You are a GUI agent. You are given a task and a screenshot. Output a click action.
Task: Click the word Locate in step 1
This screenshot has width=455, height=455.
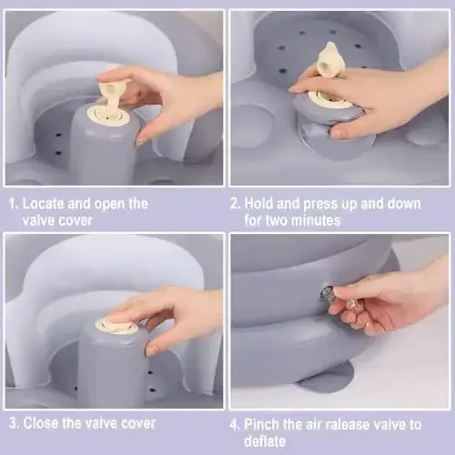44,204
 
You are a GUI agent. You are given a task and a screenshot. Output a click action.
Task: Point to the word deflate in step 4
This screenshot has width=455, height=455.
265,441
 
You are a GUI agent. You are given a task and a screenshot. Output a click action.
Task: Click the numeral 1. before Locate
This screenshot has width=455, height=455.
14,204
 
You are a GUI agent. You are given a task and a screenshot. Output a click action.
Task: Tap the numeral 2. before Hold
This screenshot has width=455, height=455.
236,204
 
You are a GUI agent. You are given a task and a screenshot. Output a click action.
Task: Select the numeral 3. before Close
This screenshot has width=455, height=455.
15,423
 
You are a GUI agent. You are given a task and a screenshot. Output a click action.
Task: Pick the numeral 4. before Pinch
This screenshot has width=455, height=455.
236,425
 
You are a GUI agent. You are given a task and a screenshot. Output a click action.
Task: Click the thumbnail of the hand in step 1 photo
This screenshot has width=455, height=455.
140,140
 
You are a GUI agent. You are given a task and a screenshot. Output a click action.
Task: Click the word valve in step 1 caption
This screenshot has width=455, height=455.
38,220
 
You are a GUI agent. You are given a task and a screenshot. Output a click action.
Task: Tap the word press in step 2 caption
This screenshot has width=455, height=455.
320,204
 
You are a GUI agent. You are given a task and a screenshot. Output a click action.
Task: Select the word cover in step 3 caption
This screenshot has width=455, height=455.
138,423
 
